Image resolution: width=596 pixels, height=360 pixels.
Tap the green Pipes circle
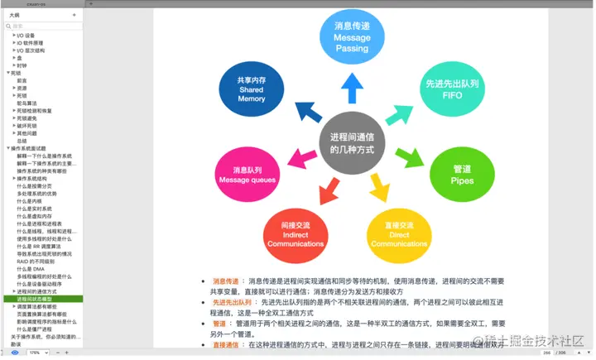tap(461, 173)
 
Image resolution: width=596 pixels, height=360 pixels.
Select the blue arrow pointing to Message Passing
tap(352, 88)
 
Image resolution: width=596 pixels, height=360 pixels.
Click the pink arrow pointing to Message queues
tap(294, 157)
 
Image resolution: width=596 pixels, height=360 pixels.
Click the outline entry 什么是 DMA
tap(31, 269)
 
